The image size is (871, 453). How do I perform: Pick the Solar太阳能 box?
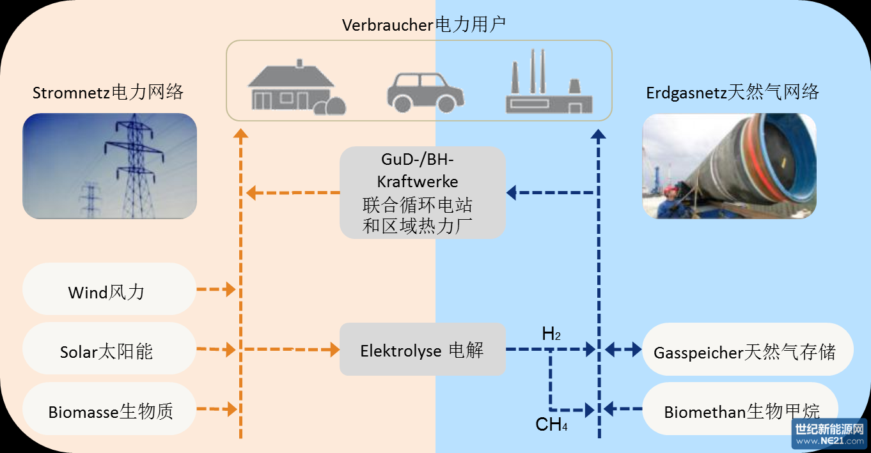click(107, 349)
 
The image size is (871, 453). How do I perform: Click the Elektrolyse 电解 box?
click(422, 349)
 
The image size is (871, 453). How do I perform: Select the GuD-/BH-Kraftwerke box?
click(422, 192)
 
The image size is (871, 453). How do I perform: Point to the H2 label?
click(551, 334)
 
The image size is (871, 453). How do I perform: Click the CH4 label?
click(551, 424)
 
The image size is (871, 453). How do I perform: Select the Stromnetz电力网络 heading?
click(108, 93)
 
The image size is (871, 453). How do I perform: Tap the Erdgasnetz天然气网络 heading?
click(732, 93)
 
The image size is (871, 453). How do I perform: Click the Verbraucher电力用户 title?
click(423, 25)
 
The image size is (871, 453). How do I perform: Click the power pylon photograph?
click(109, 166)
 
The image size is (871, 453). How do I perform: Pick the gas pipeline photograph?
click(729, 166)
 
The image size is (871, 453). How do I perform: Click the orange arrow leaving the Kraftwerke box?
click(293, 192)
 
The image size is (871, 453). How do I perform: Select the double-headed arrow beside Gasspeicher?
click(623, 349)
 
